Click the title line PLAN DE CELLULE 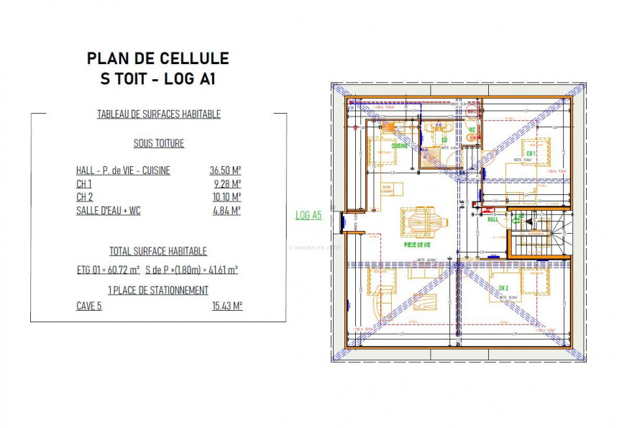tap(157, 58)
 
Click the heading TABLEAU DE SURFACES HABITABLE tap(159, 114)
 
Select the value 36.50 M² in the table tap(225, 170)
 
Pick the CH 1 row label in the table tap(83, 184)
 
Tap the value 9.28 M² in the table tap(227, 184)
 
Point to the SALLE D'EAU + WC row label tap(107, 211)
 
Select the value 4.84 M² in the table tap(227, 211)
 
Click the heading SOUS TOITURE tap(158, 143)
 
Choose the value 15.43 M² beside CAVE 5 tap(226, 305)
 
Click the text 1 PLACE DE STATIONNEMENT tap(158, 290)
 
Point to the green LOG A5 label tap(308, 214)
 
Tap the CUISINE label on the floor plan tap(400, 146)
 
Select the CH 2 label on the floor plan tap(503, 288)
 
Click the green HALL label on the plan tap(493, 219)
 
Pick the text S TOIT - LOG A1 tap(157, 79)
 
